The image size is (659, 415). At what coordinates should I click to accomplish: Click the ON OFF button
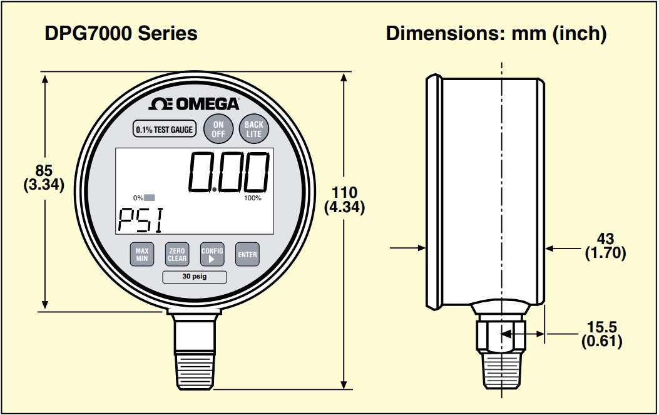[218, 129]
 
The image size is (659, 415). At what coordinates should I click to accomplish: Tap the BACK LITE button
[253, 129]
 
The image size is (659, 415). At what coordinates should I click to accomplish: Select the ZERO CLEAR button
[177, 254]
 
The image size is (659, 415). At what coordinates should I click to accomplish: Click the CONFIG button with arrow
[212, 254]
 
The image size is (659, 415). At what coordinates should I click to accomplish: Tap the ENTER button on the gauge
[247, 255]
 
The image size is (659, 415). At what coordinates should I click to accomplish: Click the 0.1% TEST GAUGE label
[165, 130]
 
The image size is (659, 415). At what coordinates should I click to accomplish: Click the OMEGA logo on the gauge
[194, 104]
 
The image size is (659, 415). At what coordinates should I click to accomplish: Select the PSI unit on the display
[140, 220]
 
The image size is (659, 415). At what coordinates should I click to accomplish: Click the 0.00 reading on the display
[230, 172]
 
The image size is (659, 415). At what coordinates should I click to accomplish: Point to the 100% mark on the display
[253, 198]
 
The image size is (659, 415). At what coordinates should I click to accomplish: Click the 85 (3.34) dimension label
[43, 178]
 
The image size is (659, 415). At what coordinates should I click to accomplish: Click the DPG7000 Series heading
[121, 33]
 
